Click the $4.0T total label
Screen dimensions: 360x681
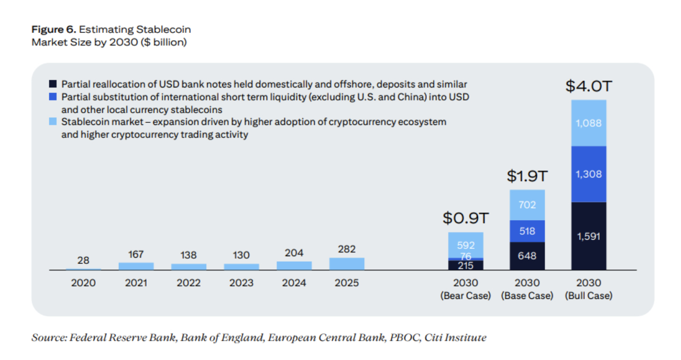pos(588,86)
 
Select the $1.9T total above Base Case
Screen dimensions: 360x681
pos(527,176)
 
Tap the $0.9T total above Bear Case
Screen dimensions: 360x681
pos(465,219)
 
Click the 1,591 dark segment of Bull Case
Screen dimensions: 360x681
pos(588,236)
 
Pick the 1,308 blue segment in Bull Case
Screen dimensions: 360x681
pos(588,174)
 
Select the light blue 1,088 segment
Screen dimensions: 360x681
pos(588,123)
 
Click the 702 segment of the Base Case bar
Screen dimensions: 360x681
pos(527,205)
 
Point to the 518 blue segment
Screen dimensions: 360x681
pos(527,231)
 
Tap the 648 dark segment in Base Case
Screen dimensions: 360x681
pos(527,256)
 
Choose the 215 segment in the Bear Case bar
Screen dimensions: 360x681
pos(465,265)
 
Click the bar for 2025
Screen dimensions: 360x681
pos(347,264)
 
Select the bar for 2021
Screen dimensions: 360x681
pos(136,266)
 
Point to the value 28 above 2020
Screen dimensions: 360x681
pos(83,261)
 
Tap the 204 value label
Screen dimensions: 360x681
pos(294,253)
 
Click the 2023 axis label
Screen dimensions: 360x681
pos(241,283)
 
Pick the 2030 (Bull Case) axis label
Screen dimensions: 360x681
pos(588,290)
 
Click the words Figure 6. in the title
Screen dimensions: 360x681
pos(53,30)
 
